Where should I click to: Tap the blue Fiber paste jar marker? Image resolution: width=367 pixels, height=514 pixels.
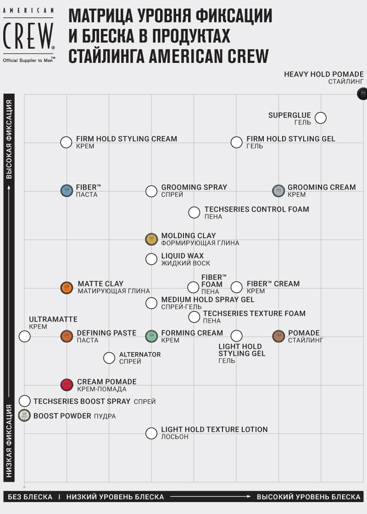click(x=67, y=190)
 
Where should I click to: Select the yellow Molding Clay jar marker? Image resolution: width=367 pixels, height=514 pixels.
click(x=151, y=239)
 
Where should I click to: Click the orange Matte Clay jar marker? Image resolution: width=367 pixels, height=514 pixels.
click(x=67, y=288)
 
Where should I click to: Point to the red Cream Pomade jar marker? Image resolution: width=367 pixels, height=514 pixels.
click(x=67, y=385)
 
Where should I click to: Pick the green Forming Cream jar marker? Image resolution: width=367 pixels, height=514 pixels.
click(x=151, y=336)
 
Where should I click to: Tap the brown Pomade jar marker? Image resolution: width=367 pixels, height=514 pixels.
click(x=279, y=336)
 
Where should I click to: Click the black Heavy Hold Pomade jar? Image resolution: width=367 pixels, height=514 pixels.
click(x=362, y=94)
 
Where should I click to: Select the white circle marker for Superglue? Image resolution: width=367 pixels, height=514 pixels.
click(x=321, y=118)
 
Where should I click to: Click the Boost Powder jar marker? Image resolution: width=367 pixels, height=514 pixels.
click(x=24, y=416)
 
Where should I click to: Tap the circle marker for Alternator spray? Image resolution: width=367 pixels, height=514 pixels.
click(x=109, y=358)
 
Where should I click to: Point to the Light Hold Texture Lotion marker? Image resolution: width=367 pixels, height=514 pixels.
click(x=151, y=433)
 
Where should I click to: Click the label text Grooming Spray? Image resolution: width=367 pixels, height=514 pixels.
click(x=194, y=187)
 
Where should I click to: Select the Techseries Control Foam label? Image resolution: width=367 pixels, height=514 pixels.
click(x=256, y=209)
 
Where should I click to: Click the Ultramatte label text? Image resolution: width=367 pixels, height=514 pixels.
click(x=53, y=319)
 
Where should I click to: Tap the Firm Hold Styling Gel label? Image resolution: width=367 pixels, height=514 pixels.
click(x=291, y=139)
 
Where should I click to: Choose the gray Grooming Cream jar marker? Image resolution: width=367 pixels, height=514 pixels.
click(x=279, y=190)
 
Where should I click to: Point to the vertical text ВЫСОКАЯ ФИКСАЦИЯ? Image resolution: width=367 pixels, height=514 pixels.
click(x=9, y=139)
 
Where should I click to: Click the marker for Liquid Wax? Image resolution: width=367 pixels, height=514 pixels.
click(x=151, y=259)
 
